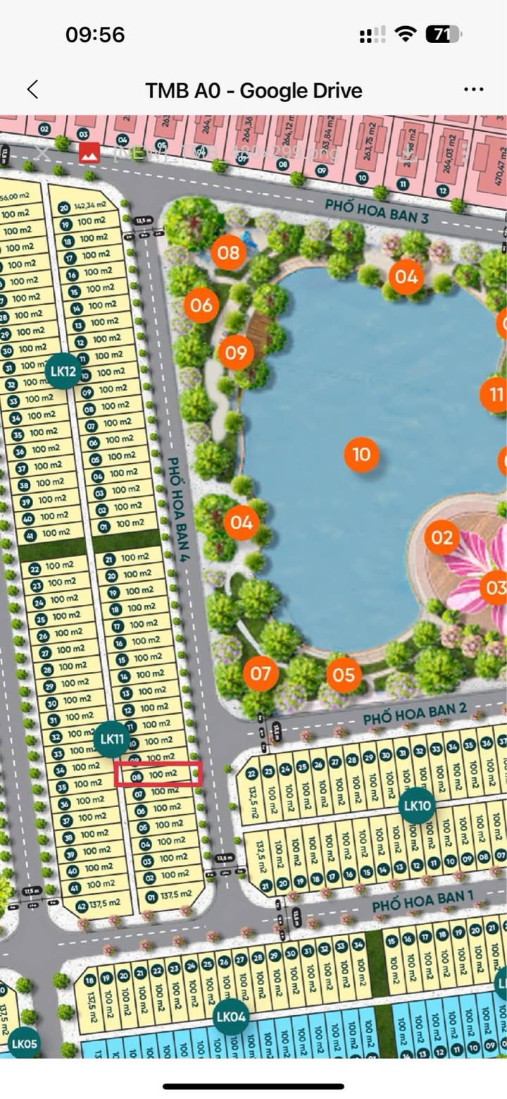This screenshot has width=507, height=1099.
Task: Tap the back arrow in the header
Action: coord(32,90)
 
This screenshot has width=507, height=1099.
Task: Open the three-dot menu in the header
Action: coord(473,90)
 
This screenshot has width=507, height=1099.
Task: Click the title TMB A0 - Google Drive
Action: coord(254,90)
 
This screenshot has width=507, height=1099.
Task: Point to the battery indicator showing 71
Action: coord(444,34)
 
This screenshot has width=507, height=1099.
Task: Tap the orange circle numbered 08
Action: coord(228,252)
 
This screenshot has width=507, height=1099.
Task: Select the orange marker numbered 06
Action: coord(201,305)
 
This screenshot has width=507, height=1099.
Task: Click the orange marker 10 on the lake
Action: coord(361,455)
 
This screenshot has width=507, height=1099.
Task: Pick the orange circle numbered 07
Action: coord(261,674)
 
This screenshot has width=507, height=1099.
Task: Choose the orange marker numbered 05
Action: coord(344,675)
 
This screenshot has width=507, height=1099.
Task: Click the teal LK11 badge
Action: coord(112,739)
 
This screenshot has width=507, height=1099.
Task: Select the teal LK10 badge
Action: coord(417,805)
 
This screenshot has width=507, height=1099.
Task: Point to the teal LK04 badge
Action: coord(231,1017)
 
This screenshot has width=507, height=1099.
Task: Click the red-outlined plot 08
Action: coord(159,774)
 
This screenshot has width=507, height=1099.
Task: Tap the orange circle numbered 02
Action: coord(442,538)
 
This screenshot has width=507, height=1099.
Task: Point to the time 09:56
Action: coord(95,34)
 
